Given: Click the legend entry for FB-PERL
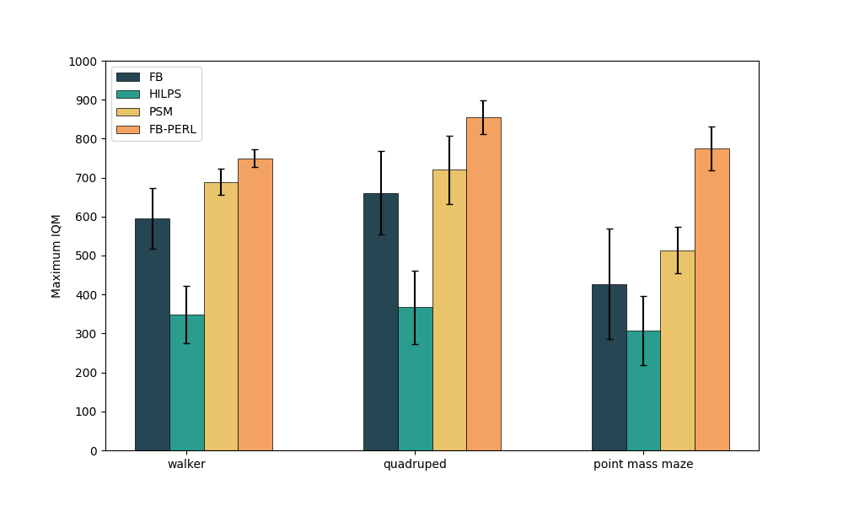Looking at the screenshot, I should [x=173, y=129].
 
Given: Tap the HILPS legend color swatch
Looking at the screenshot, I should [x=128, y=94].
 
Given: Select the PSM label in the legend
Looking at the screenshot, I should [x=159, y=111].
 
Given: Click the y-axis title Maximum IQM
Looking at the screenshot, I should [x=56, y=256].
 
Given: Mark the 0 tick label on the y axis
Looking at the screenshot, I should [x=94, y=451].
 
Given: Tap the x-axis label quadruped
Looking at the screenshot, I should [x=415, y=465].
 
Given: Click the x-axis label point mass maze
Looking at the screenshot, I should [x=643, y=465].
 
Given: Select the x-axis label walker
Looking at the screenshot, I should [x=186, y=465].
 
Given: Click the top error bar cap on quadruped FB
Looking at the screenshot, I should [x=381, y=151].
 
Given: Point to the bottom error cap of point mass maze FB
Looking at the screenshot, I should [x=609, y=339].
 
